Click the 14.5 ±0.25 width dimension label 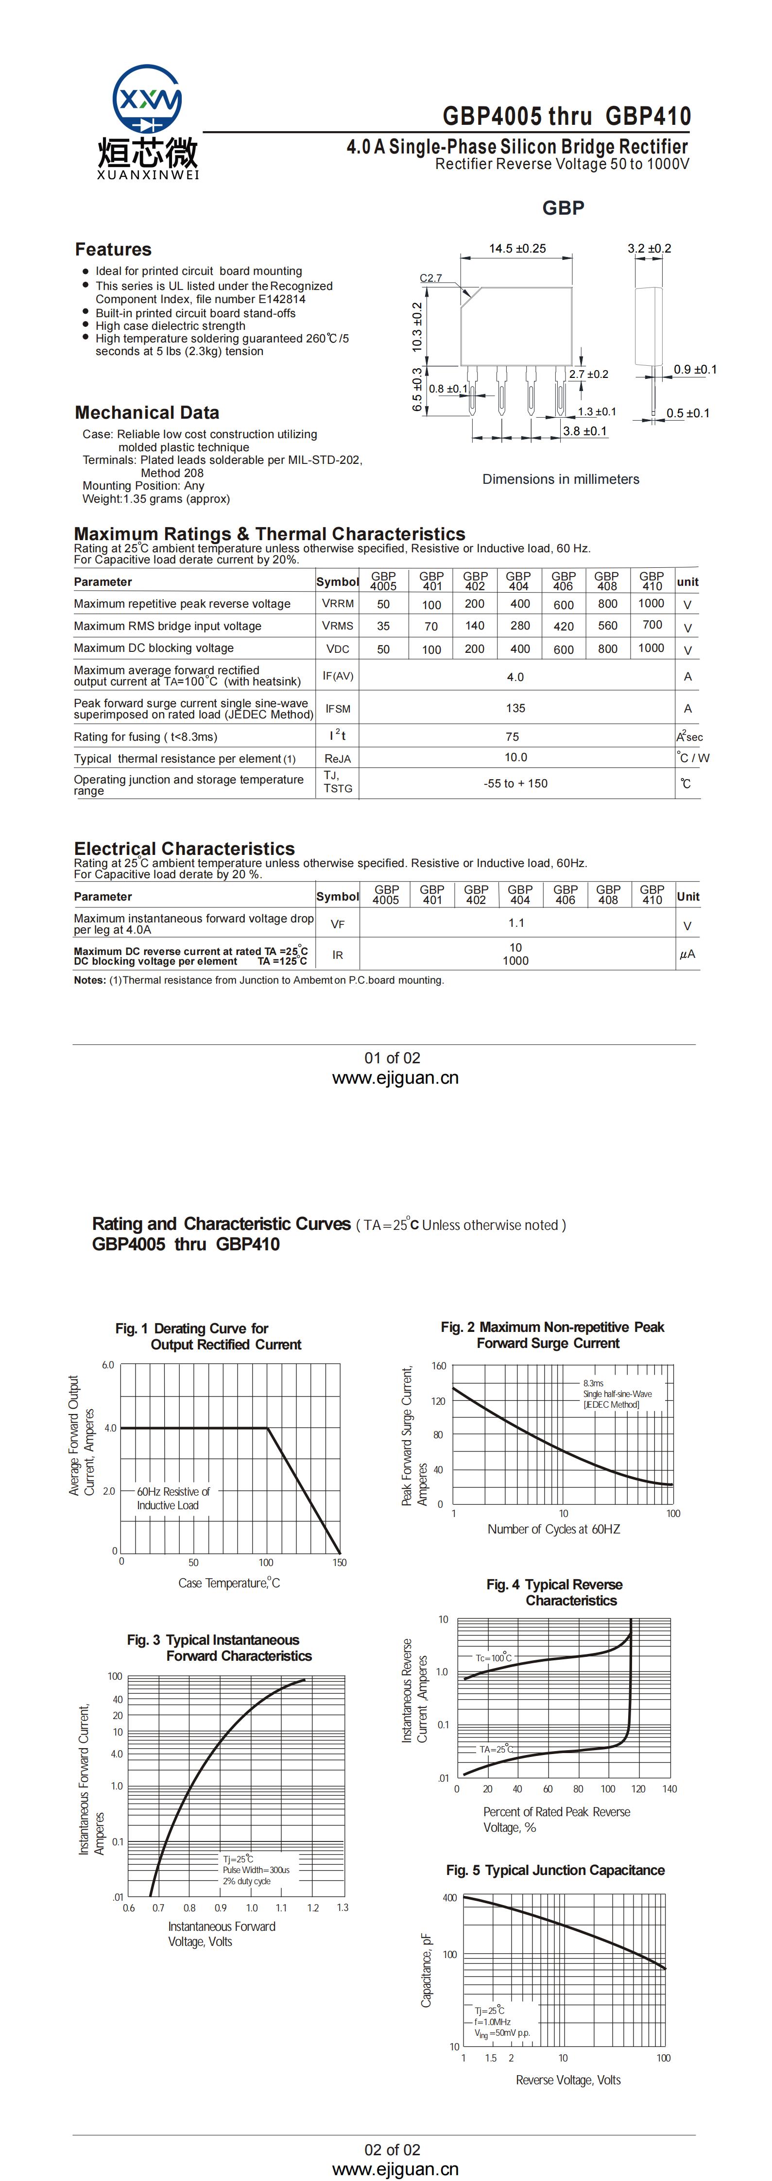point(517,248)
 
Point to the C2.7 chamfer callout point(431,278)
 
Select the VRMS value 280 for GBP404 point(520,626)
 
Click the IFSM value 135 point(515,708)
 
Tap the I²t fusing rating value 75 point(512,736)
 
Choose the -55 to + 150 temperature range point(515,783)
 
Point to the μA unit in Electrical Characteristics point(687,954)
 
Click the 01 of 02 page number point(392,1057)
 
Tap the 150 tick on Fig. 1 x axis point(340,1562)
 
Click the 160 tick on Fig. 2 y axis point(439,1365)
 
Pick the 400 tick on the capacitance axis point(449,1897)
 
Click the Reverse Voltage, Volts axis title point(568,2079)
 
